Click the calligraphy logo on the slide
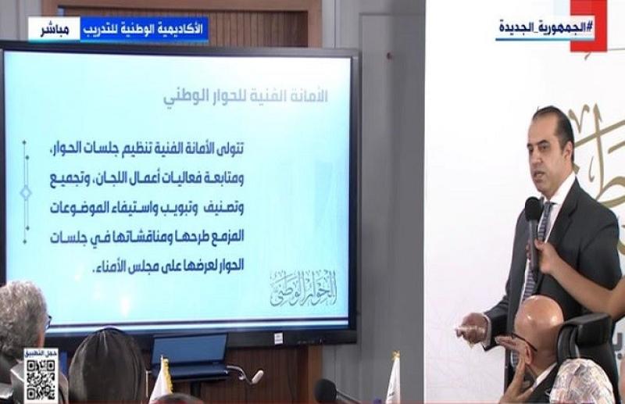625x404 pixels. point(305,288)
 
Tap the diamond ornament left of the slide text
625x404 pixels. point(25,192)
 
